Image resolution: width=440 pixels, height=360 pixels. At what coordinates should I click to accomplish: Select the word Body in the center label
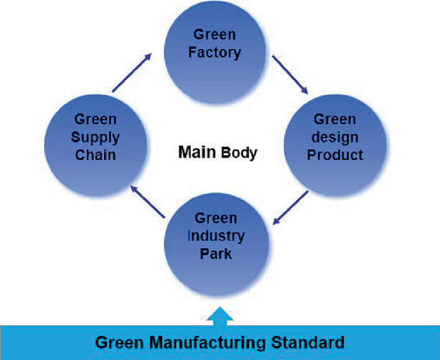tap(237, 153)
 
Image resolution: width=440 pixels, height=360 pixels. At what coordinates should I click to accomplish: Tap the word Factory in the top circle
tap(218, 54)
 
